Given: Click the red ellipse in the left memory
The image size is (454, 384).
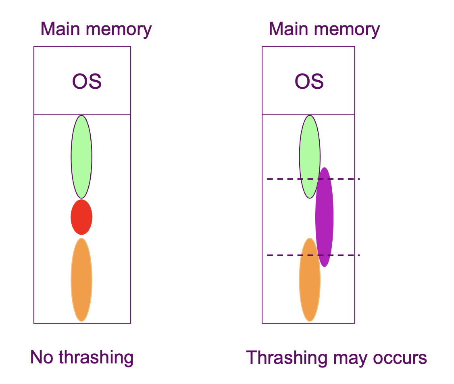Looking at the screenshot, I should pyautogui.click(x=81, y=217).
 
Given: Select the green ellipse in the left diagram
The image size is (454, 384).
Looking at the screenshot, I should pyautogui.click(x=81, y=157).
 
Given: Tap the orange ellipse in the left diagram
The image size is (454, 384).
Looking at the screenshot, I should pyautogui.click(x=81, y=280).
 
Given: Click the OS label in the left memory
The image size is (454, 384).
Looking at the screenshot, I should pyautogui.click(x=87, y=81).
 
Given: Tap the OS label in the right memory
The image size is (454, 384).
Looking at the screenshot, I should pyautogui.click(x=309, y=81).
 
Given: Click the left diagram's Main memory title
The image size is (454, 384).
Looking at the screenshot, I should pyautogui.click(x=96, y=29).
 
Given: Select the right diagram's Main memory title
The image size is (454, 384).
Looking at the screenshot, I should pyautogui.click(x=324, y=29).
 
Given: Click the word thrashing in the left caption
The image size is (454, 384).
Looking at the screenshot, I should pyautogui.click(x=96, y=358).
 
